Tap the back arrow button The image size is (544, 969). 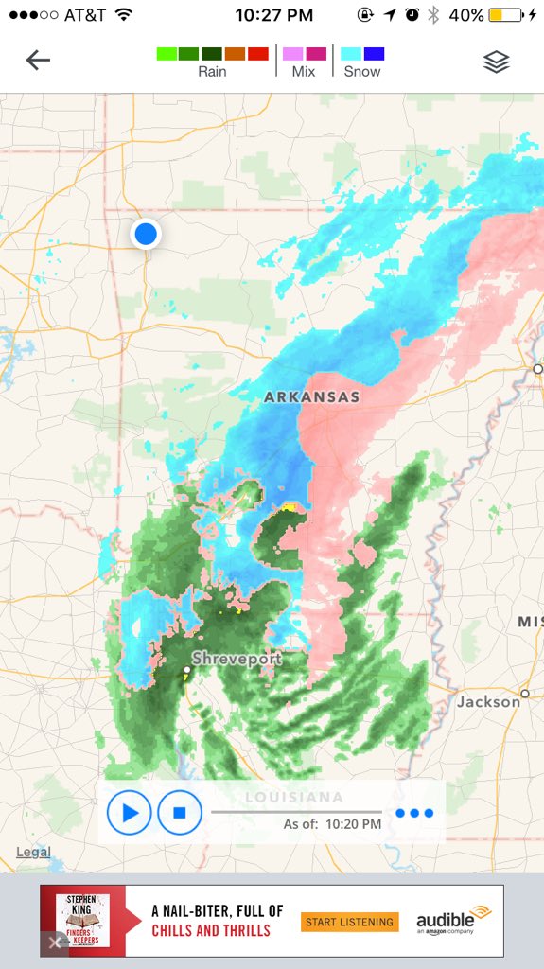pyautogui.click(x=38, y=61)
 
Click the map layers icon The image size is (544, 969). pyautogui.click(x=496, y=62)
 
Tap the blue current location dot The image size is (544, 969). pyautogui.click(x=146, y=233)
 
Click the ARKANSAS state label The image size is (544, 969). pyautogui.click(x=311, y=396)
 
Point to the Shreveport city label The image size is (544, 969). pyautogui.click(x=237, y=658)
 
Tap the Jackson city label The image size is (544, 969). pyautogui.click(x=488, y=701)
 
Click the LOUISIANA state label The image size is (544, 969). pyautogui.click(x=293, y=797)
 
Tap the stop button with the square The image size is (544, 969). pyautogui.click(x=180, y=812)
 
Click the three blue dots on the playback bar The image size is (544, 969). pyautogui.click(x=414, y=813)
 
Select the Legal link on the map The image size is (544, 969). pyautogui.click(x=33, y=853)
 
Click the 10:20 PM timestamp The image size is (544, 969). pyautogui.click(x=354, y=824)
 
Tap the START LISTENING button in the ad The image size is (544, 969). pyautogui.click(x=350, y=922)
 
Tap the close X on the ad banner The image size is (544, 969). pyautogui.click(x=55, y=943)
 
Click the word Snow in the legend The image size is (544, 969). pyautogui.click(x=362, y=72)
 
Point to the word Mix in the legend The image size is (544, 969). pyautogui.click(x=304, y=72)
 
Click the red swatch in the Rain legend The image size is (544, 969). pyautogui.click(x=258, y=54)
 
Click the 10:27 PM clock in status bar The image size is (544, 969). pyautogui.click(x=273, y=15)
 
